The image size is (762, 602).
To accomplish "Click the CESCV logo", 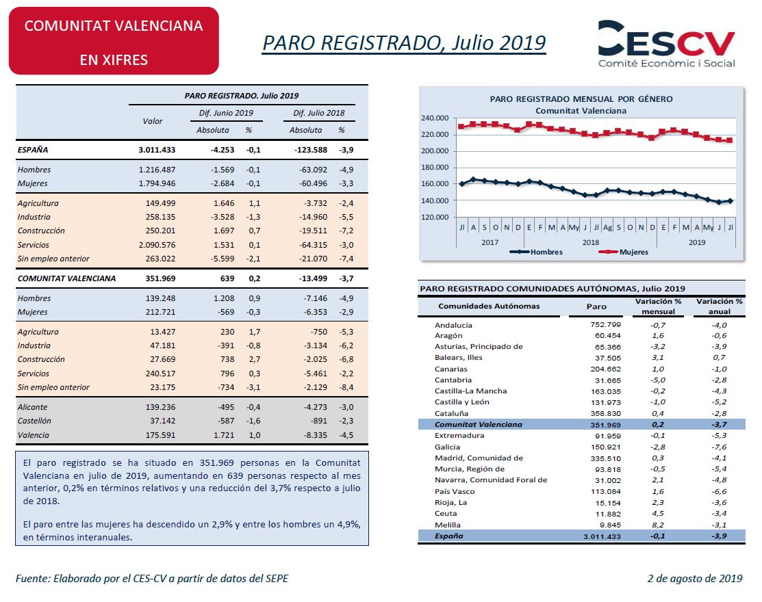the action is (x=666, y=44).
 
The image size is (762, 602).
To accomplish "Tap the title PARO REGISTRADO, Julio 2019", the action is (x=404, y=42).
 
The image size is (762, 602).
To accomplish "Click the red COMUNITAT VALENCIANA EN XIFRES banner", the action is (x=114, y=41).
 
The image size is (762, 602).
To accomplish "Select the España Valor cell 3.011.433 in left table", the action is (x=157, y=150).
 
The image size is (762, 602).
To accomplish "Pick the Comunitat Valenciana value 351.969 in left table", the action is (x=160, y=278).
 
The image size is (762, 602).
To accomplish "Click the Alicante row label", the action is (x=33, y=407).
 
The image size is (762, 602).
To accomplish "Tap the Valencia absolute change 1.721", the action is (x=224, y=435).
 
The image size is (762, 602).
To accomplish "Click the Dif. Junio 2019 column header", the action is (x=226, y=113).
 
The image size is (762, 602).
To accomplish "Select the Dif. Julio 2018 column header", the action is (x=319, y=113).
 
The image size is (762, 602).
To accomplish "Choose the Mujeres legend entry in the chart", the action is (x=624, y=252).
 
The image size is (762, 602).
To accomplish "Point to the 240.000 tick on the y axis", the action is (x=435, y=118).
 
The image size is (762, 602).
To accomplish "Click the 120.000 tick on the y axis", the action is (x=435, y=217).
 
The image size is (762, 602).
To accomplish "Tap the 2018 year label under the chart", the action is (x=590, y=242).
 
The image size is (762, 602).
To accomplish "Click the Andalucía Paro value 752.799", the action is (x=605, y=325).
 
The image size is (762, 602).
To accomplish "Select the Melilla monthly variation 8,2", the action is (x=658, y=525).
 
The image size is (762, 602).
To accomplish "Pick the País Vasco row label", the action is (x=455, y=491).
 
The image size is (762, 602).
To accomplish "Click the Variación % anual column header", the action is (x=720, y=306).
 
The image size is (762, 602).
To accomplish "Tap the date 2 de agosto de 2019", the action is (x=695, y=578).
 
